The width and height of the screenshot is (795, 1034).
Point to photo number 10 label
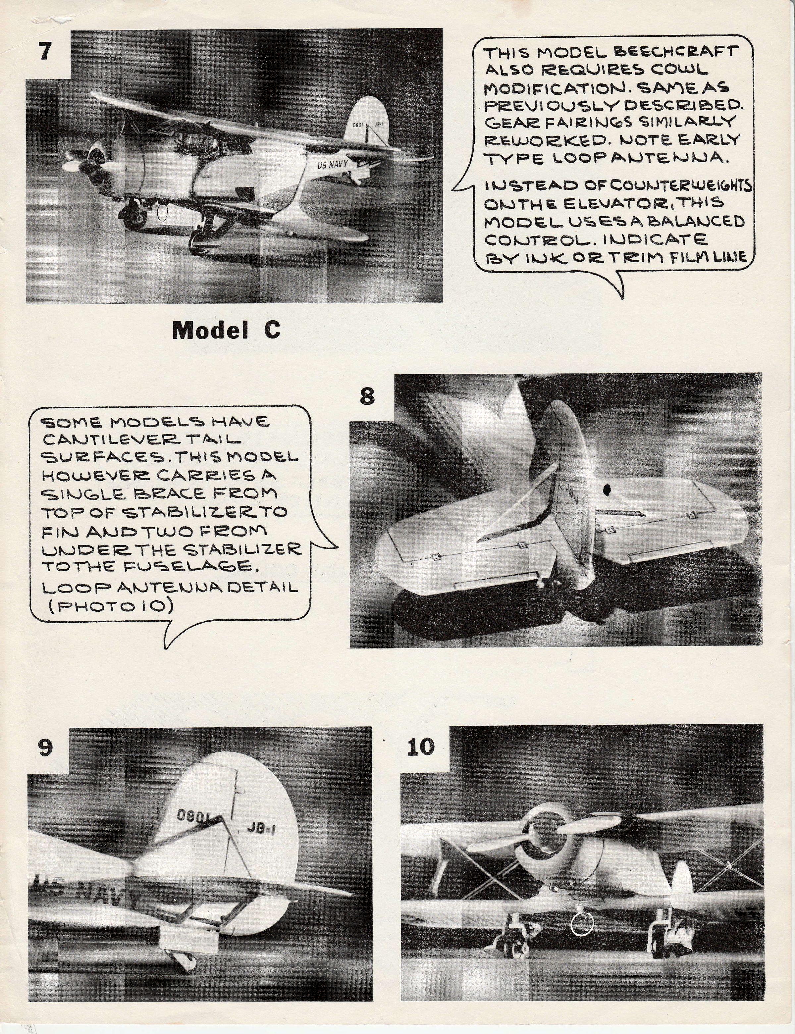click(420, 747)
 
